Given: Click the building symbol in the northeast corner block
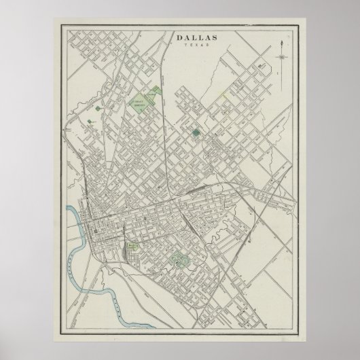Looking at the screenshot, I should tap(262, 67).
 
